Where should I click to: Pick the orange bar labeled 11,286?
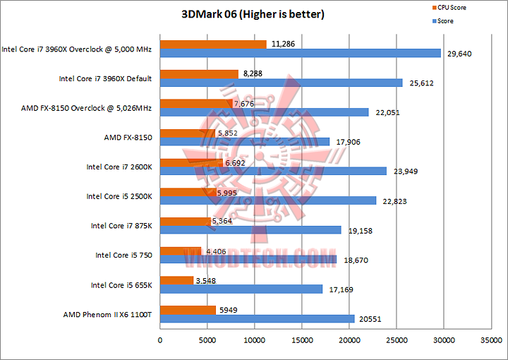[x=213, y=44]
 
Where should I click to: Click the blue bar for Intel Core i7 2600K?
[x=274, y=171]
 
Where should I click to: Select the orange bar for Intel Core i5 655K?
[x=177, y=280]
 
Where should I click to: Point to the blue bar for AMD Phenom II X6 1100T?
[x=258, y=319]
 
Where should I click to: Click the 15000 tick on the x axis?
[x=302, y=340]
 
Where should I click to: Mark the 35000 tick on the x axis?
[x=491, y=340]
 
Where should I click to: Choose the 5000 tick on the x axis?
[x=207, y=340]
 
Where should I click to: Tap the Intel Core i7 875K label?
[x=121, y=226]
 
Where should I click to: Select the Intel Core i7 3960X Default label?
[x=105, y=78]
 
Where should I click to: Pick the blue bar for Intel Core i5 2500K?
[x=268, y=200]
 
